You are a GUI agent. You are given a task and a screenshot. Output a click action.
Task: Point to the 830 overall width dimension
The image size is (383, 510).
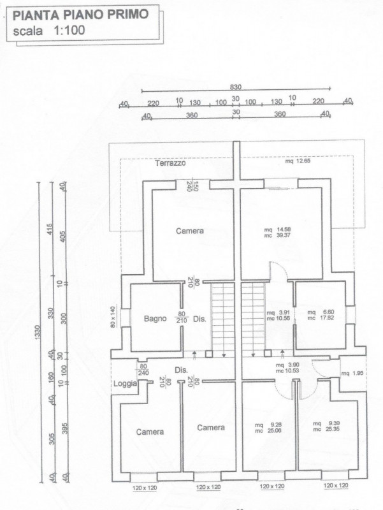[x=236, y=87]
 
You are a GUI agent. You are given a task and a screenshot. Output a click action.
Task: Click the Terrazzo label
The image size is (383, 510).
[x=170, y=163]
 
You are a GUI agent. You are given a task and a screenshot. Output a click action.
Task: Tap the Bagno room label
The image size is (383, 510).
[x=154, y=318]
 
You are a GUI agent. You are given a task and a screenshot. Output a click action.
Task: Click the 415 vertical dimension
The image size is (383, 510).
[x=50, y=229]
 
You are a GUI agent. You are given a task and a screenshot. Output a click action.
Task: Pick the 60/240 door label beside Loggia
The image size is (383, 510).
[x=143, y=370]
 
